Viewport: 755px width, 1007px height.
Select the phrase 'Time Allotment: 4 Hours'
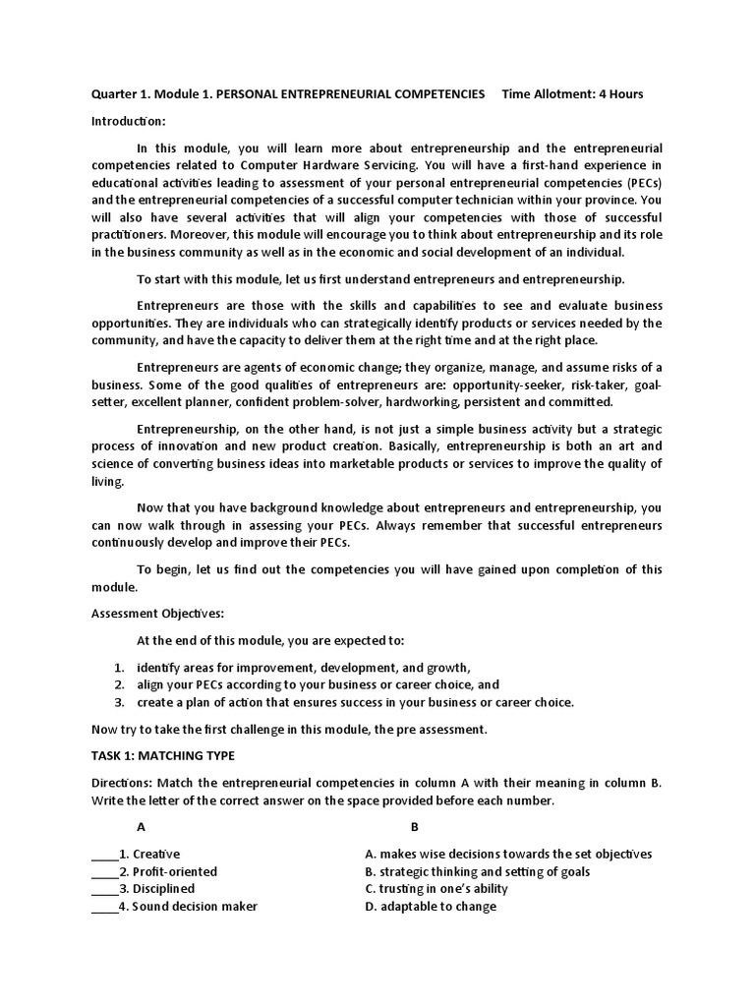(x=572, y=93)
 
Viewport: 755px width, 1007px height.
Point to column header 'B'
(x=415, y=827)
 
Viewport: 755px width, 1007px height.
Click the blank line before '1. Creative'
(x=104, y=856)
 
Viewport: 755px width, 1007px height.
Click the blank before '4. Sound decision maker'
(x=104, y=908)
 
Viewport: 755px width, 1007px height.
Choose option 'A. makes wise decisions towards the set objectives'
(x=507, y=855)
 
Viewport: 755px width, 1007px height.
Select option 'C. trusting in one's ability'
(x=436, y=889)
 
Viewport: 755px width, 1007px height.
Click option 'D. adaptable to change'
(x=430, y=907)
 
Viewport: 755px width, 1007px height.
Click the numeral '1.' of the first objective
(x=119, y=667)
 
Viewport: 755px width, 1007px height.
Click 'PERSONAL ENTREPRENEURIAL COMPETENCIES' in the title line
(x=350, y=93)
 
